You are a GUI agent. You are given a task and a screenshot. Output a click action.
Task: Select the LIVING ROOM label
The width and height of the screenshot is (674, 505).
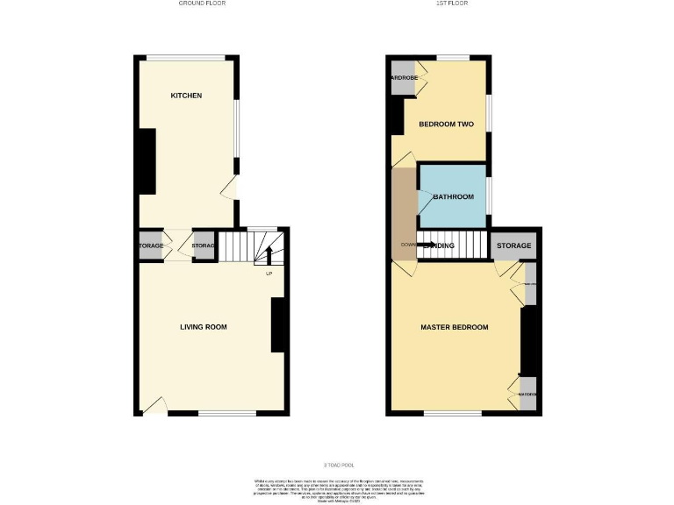(204, 327)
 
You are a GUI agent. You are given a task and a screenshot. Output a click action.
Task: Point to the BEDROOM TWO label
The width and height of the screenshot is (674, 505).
(446, 124)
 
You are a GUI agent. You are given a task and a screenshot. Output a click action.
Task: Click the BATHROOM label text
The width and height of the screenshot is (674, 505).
(453, 197)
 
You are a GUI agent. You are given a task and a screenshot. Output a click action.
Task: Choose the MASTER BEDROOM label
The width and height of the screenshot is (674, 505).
(455, 327)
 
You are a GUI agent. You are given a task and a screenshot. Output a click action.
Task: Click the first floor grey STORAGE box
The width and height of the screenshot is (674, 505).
(514, 245)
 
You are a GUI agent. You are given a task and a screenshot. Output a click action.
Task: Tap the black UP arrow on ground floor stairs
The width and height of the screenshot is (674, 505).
(269, 255)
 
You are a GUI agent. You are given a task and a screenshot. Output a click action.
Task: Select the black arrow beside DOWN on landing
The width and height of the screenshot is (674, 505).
(427, 245)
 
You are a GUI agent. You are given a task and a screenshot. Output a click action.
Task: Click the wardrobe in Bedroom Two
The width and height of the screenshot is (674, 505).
(404, 76)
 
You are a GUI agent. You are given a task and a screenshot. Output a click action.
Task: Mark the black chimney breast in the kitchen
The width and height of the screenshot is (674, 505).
(147, 161)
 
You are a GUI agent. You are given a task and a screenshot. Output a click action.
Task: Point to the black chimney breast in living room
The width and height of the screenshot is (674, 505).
(279, 324)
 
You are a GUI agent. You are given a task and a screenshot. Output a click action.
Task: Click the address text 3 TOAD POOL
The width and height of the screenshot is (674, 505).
(338, 465)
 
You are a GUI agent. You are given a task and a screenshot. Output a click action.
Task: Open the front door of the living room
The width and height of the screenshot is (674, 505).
(153, 405)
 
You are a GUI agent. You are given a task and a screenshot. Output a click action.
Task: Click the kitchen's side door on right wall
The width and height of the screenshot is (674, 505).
(230, 188)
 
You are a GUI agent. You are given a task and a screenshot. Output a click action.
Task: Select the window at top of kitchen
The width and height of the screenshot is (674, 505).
(185, 58)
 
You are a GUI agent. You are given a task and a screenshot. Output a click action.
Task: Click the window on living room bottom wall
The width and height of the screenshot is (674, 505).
(226, 413)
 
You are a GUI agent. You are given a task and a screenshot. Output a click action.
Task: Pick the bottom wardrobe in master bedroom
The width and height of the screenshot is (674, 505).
(527, 394)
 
